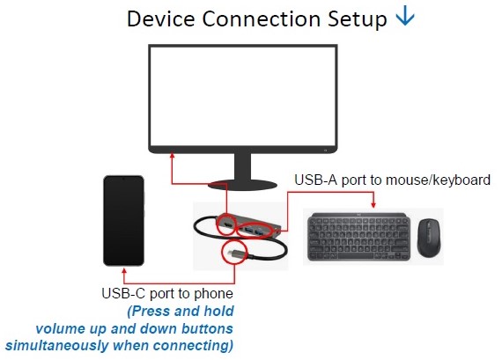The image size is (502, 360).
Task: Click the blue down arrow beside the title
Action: point(405,16)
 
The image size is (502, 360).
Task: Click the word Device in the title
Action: point(161,18)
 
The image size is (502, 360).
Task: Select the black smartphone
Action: point(124,220)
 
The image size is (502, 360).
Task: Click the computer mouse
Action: point(429,238)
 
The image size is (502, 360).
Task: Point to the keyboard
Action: point(359,237)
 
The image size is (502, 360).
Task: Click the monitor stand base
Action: point(242,185)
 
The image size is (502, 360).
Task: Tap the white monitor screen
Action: point(243,96)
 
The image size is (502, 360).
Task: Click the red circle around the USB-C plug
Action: point(234,252)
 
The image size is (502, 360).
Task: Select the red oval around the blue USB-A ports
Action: point(255,230)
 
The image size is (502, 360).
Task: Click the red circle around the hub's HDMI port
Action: point(226,224)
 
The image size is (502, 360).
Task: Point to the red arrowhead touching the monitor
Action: point(172,155)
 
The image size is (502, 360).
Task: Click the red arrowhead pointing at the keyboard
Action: point(373,205)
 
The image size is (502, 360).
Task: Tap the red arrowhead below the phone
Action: point(124,271)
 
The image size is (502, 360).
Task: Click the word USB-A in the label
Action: point(315,180)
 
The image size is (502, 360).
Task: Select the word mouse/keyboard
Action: point(439,180)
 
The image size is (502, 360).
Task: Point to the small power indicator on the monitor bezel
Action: point(325,151)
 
